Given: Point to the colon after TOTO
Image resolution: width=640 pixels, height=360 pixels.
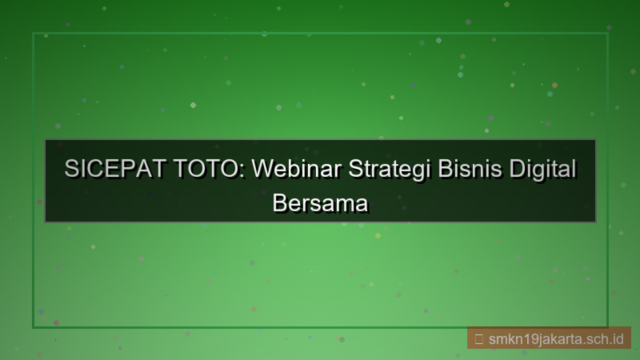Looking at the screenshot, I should [242, 173].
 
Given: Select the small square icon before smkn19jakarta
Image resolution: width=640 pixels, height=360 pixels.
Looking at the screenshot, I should [478, 338].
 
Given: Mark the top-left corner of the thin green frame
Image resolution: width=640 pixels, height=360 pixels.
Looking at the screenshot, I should [33, 34].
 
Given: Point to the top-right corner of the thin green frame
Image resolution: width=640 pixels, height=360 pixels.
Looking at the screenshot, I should [608, 34].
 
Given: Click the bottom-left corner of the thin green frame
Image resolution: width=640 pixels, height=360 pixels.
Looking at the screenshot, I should [33, 327].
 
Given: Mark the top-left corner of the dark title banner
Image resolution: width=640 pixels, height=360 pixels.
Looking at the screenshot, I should [45, 140].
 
